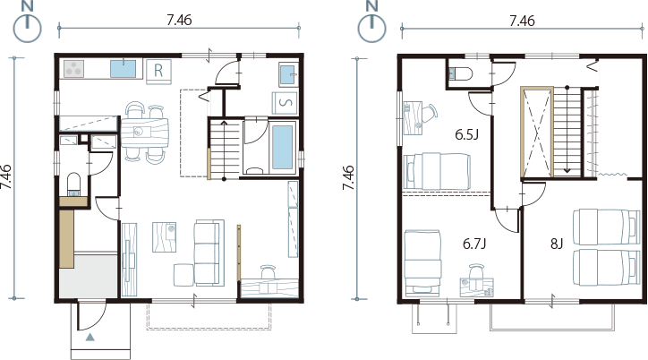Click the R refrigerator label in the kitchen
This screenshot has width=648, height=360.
(158, 71)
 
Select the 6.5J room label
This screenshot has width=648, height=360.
(467, 134)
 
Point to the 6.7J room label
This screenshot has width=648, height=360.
(474, 244)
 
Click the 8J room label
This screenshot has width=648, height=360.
(557, 244)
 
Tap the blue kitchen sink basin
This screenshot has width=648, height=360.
(124, 69)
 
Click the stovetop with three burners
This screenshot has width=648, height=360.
(74, 69)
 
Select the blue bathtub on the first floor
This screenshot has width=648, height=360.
(283, 147)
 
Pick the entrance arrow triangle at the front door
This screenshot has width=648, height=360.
(90, 338)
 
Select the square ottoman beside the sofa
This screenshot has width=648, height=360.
(183, 275)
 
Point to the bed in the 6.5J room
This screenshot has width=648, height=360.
(438, 172)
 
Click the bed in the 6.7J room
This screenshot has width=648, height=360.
(422, 263)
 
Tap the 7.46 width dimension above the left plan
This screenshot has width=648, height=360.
(179, 21)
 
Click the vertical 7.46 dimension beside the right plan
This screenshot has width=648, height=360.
(348, 178)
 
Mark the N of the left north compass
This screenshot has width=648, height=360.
(27, 7)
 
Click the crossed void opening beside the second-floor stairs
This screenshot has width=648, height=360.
(537, 133)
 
